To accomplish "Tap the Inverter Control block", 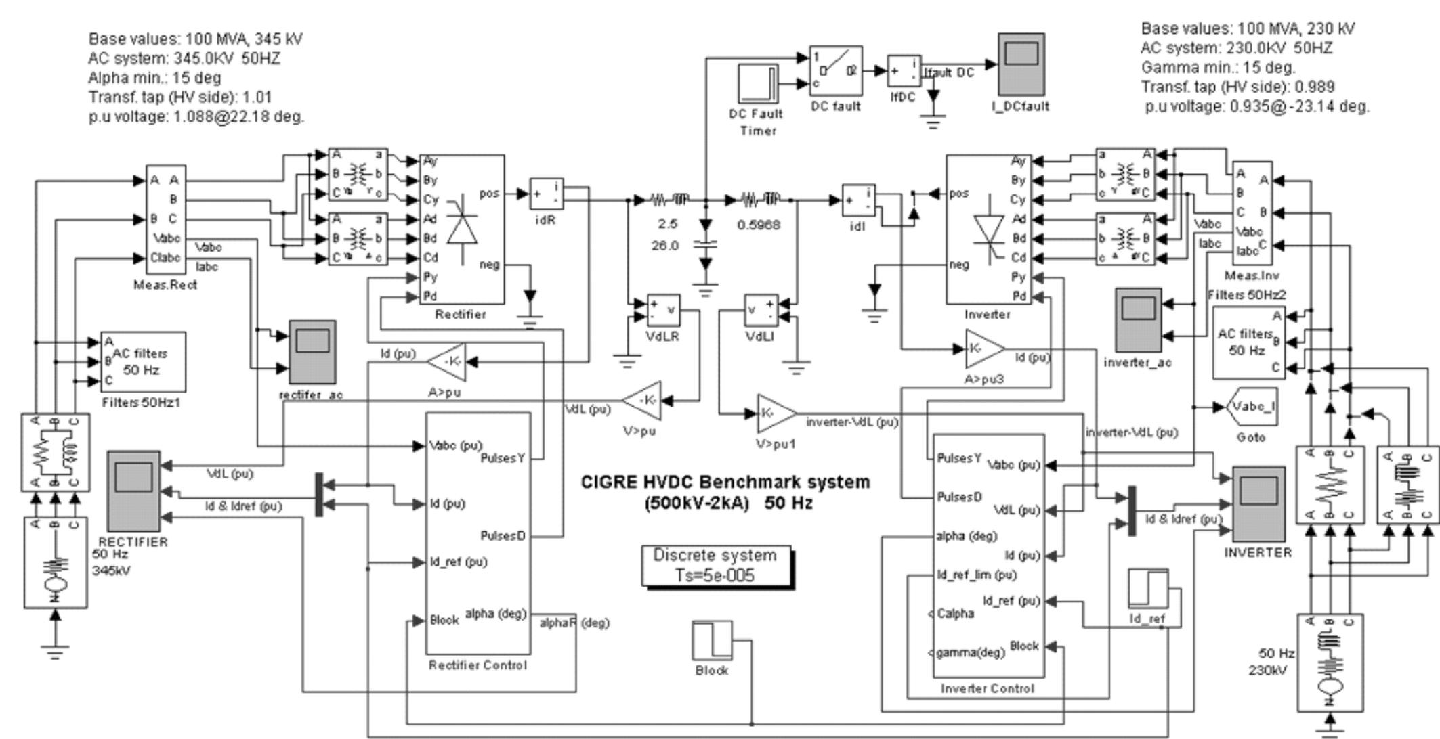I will click(x=988, y=556).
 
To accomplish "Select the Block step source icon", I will click(x=712, y=640).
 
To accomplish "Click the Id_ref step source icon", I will click(x=1147, y=588).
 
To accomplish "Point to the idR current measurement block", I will click(x=546, y=195).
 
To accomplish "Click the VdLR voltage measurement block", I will click(x=663, y=311).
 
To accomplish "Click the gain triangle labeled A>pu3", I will click(x=983, y=349).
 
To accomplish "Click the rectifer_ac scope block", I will click(x=312, y=352).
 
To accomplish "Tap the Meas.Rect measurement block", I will click(x=166, y=219).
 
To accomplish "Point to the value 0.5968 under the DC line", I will click(x=759, y=225).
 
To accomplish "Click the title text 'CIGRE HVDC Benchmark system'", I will click(x=725, y=483).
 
